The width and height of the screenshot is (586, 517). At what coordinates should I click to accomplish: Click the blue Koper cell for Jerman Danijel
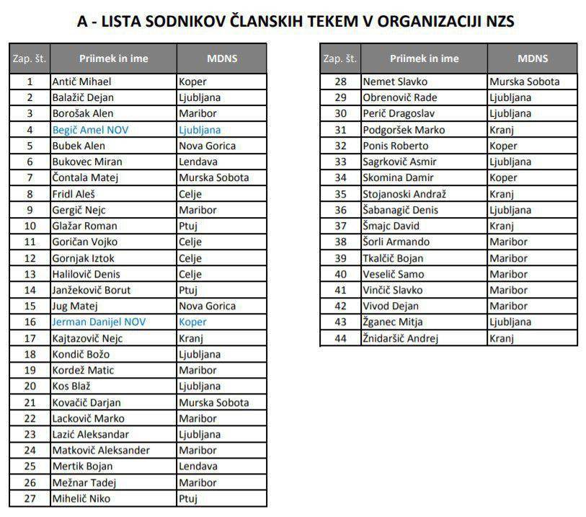point(192,322)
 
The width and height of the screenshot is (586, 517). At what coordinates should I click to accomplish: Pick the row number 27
point(30,498)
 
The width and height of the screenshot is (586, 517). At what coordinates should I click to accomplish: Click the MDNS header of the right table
point(532,58)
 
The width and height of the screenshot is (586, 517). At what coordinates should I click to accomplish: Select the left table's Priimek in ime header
point(113,58)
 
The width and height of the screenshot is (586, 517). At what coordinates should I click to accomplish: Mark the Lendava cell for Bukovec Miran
point(199,162)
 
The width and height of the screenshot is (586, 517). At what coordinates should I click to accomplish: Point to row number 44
point(341,337)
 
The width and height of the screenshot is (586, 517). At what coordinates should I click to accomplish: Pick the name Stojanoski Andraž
point(404,194)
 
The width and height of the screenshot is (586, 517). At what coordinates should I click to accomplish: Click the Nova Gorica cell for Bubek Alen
point(207,146)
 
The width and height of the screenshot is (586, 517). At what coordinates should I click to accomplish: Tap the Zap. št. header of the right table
point(340,58)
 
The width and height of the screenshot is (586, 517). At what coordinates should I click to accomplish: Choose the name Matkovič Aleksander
point(101,450)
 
